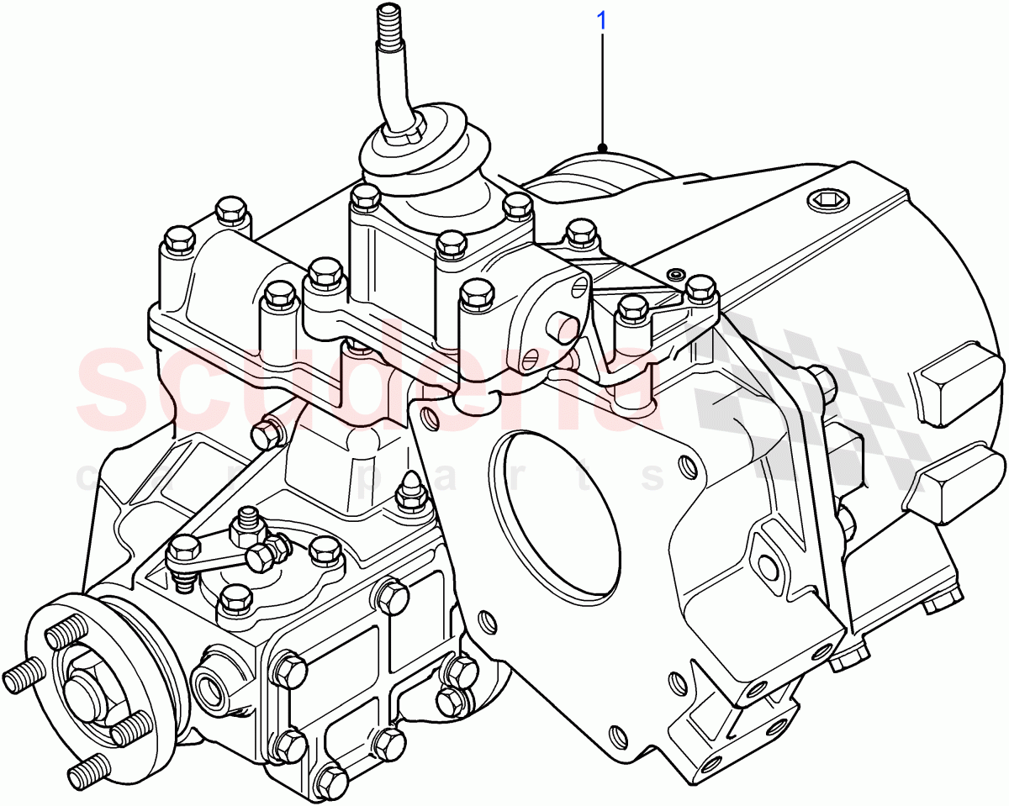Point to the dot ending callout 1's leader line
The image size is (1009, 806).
[x=602, y=148]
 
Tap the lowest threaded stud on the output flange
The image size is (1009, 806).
[x=87, y=769]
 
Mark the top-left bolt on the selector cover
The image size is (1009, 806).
[x=230, y=210]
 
